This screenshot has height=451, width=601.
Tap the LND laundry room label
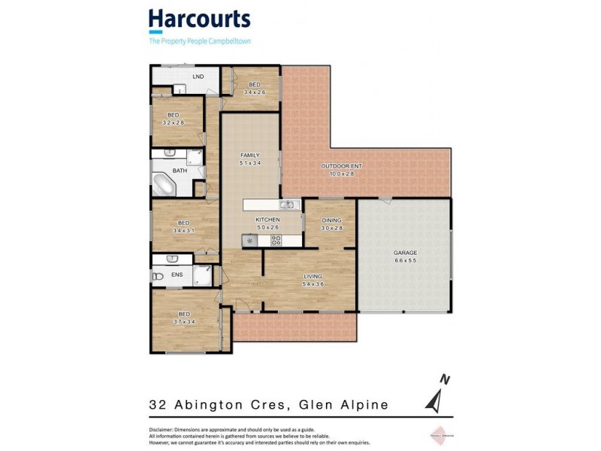(198, 77)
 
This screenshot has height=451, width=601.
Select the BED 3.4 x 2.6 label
(255, 88)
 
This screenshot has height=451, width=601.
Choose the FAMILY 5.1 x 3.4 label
(249, 159)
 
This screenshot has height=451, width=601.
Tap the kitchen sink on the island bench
(286, 204)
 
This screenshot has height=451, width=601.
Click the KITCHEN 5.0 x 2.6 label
(267, 223)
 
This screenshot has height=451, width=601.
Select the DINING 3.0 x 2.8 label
(331, 224)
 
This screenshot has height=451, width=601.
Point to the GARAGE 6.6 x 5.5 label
(405, 256)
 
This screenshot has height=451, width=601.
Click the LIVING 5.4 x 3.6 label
(312, 280)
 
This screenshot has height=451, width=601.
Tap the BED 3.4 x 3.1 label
(183, 226)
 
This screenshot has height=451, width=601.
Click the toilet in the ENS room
(158, 276)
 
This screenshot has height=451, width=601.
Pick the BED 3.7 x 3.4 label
(183, 318)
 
